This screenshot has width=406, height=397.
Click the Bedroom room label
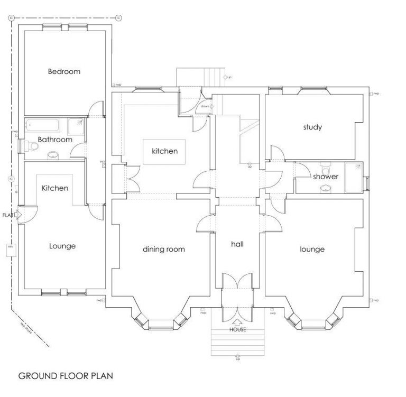(x=64, y=71)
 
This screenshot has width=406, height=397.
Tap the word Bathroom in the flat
(x=54, y=140)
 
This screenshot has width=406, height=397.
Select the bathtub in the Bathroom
(x=45, y=125)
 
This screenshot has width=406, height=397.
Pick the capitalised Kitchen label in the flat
(x=55, y=188)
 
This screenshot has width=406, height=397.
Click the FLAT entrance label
(x=7, y=215)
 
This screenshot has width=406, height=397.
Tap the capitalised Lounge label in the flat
(x=62, y=246)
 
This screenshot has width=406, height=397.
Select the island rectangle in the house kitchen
(x=164, y=152)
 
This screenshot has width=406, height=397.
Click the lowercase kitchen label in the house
(x=164, y=151)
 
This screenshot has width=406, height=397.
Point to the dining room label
(x=164, y=248)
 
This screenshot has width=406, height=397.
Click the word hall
(x=236, y=244)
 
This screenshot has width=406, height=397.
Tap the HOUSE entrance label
(x=237, y=329)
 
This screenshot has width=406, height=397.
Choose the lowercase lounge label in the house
(x=312, y=249)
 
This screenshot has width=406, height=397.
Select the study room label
(x=312, y=127)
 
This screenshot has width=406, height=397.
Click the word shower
(x=326, y=177)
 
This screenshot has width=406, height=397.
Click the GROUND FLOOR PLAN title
(x=66, y=376)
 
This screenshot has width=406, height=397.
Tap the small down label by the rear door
(x=205, y=107)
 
